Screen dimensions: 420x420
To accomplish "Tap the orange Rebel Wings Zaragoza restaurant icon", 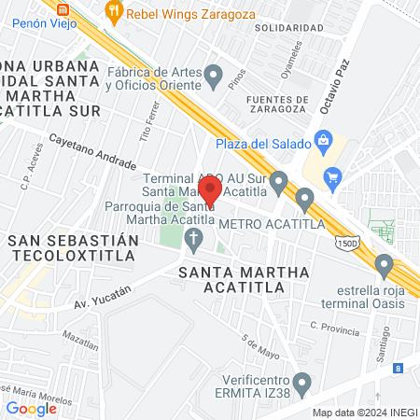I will (x=115, y=12).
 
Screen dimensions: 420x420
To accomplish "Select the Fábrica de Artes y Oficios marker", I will (x=214, y=76).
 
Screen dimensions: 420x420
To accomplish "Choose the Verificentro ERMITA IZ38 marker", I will (x=301, y=383).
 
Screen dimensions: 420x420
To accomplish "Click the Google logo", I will (x=31, y=408).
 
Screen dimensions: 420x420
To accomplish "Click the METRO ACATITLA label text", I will (x=272, y=224).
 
